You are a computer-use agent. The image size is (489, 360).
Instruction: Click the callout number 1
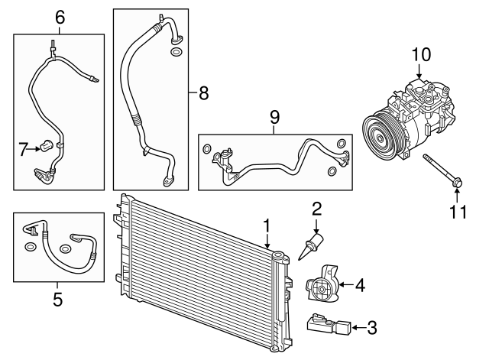coord(267,225)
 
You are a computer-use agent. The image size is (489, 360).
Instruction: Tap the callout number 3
coord(371,329)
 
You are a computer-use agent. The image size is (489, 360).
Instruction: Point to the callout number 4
coord(359,285)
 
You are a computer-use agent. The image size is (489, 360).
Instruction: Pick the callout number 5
coord(57,300)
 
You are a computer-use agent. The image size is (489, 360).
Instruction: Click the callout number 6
coord(60,16)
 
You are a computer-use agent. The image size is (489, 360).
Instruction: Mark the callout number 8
coord(202,93)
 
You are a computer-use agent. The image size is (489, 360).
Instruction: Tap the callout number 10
coord(421,54)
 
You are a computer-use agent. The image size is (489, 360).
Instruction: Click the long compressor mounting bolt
coord(442,170)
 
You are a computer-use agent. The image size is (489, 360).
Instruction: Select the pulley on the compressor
coord(383,136)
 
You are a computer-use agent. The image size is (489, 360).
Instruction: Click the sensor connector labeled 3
coord(329,326)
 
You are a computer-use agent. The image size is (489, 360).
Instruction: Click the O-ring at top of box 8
coord(177,53)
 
